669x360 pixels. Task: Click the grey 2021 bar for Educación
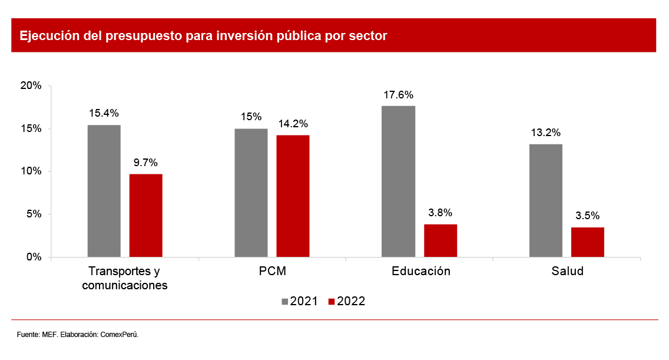point(398,181)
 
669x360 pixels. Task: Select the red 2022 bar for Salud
point(587,242)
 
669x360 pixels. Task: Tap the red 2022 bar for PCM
point(293,196)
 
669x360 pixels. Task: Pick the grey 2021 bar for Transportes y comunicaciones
point(104,191)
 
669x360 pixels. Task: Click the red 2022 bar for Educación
point(441,240)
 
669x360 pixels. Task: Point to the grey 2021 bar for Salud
point(545,200)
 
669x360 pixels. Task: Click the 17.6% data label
point(399,95)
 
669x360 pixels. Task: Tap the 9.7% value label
point(146,163)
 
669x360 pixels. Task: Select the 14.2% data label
point(293,124)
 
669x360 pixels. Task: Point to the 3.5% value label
point(588,216)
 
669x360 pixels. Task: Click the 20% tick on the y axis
point(31,86)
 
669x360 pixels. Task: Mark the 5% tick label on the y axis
point(33,214)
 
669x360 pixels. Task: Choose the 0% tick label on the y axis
point(33,257)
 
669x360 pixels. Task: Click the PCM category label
point(272,272)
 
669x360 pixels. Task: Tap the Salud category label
point(567,272)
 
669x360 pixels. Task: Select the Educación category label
point(420,272)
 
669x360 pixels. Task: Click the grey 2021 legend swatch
point(285,302)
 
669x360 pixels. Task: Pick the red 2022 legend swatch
point(332,302)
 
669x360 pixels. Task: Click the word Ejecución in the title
point(45,36)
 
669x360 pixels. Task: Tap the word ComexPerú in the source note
point(120,335)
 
